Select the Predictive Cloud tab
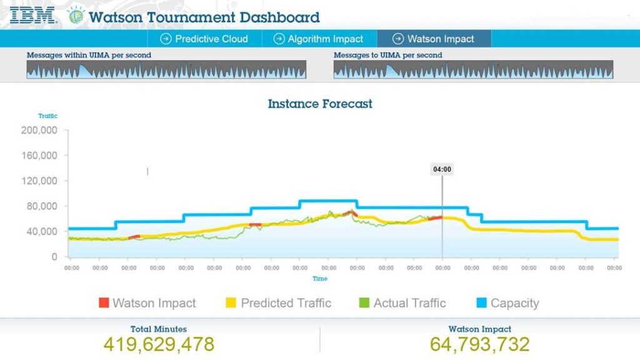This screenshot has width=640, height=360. [204, 39]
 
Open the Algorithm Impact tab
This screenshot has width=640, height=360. [319, 39]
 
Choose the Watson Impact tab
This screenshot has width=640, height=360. [434, 39]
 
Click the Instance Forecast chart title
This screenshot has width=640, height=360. [320, 104]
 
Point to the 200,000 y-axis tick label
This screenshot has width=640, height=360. [39, 131]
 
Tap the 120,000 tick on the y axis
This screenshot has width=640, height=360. [39, 181]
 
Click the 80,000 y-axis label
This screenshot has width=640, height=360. [42, 206]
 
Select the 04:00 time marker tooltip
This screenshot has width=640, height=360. [442, 169]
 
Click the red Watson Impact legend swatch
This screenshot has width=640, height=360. [104, 303]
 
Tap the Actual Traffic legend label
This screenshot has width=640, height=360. [409, 303]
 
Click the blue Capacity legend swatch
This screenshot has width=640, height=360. [481, 303]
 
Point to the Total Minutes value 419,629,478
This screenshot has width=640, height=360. [159, 344]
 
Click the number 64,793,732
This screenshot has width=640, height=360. [479, 344]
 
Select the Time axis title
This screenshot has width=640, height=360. [320, 279]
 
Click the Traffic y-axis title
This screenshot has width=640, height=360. [47, 116]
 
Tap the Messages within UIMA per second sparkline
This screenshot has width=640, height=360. [166, 69]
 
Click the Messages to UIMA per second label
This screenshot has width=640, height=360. [387, 55]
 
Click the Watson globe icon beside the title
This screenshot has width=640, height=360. [76, 16]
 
